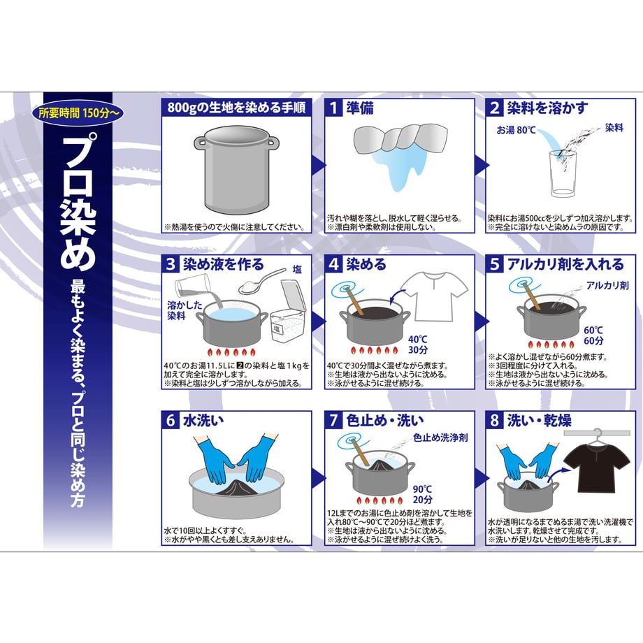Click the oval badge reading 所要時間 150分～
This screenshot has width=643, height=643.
click(78, 113)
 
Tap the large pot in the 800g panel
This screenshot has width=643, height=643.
click(236, 169)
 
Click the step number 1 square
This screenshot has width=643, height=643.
click(333, 108)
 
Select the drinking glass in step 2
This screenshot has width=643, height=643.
click(563, 174)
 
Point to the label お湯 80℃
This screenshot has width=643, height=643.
click(516, 130)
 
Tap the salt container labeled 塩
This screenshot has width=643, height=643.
click(288, 310)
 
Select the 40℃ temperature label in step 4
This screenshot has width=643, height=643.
click(417, 340)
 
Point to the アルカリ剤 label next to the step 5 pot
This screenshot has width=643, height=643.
click(607, 285)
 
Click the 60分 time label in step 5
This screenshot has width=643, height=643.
click(594, 341)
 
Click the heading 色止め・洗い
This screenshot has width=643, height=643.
click(384, 421)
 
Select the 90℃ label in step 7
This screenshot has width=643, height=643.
click(422, 489)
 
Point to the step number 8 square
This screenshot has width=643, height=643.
click(495, 420)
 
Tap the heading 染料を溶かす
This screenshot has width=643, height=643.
click(547, 108)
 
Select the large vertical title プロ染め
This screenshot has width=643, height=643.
click(78, 202)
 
